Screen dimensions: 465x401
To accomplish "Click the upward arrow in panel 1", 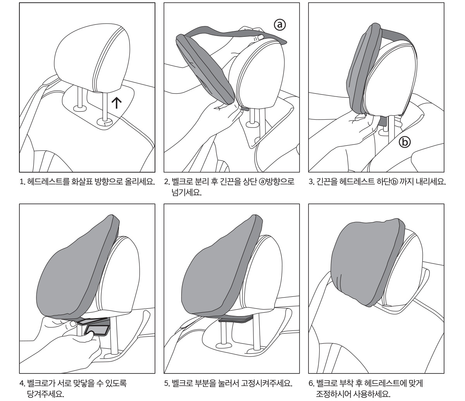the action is (x=117, y=103).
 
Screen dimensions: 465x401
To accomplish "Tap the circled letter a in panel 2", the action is (x=280, y=25).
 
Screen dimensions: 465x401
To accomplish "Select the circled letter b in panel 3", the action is (x=405, y=142).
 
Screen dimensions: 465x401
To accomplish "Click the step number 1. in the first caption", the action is (x=22, y=182).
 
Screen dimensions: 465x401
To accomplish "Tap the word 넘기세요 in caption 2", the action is (x=187, y=193).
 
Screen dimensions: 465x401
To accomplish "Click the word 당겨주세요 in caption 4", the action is (x=45, y=394).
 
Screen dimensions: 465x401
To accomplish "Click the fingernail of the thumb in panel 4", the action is (x=73, y=324).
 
